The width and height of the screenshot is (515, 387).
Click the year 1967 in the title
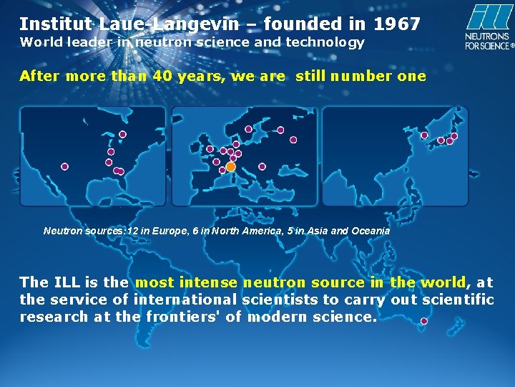point(397,24)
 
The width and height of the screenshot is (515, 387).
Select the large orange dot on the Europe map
point(230,166)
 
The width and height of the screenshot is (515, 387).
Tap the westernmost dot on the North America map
point(65,166)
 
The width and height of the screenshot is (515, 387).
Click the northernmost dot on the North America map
point(122,134)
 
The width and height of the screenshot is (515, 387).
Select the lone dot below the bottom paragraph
point(423,322)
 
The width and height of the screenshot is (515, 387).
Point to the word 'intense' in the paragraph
point(212,282)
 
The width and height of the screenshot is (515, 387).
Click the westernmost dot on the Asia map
point(424,135)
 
